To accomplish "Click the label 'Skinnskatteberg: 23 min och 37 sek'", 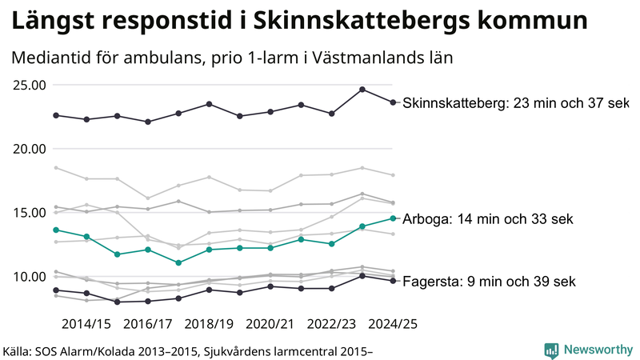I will pyautogui.click(x=515, y=103).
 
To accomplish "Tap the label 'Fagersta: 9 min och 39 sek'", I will pyautogui.click(x=489, y=282).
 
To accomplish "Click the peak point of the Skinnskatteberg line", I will pyautogui.click(x=362, y=90).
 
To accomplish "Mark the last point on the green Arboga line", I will pyautogui.click(x=392, y=218).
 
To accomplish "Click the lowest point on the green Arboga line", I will pyautogui.click(x=178, y=263).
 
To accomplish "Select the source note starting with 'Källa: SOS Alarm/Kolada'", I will pyautogui.click(x=189, y=350).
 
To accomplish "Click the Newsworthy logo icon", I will pyautogui.click(x=551, y=350).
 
